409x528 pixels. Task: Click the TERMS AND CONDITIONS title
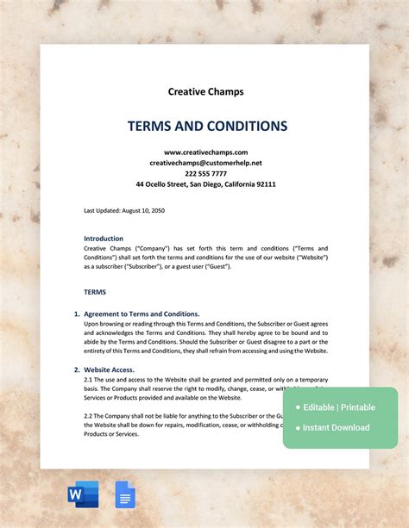click(207, 126)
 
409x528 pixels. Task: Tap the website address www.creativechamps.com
click(205, 152)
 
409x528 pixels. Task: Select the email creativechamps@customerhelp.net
click(205, 163)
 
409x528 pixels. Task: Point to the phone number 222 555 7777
click(205, 173)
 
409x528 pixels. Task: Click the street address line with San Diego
click(205, 184)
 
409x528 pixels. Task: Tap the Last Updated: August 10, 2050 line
click(123, 210)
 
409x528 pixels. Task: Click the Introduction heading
click(104, 239)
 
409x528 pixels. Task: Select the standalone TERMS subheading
click(95, 292)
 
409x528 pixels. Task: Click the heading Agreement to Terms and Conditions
click(142, 314)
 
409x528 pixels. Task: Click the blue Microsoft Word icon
click(83, 494)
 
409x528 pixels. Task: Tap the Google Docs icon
click(125, 494)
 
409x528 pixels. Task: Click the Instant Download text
click(336, 427)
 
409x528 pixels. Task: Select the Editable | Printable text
click(338, 407)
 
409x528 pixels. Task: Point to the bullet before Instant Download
click(297, 428)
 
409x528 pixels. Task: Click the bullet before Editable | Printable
click(297, 407)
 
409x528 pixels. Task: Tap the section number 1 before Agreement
click(76, 314)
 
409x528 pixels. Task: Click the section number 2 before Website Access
click(76, 370)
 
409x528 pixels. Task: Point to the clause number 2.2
click(89, 415)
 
